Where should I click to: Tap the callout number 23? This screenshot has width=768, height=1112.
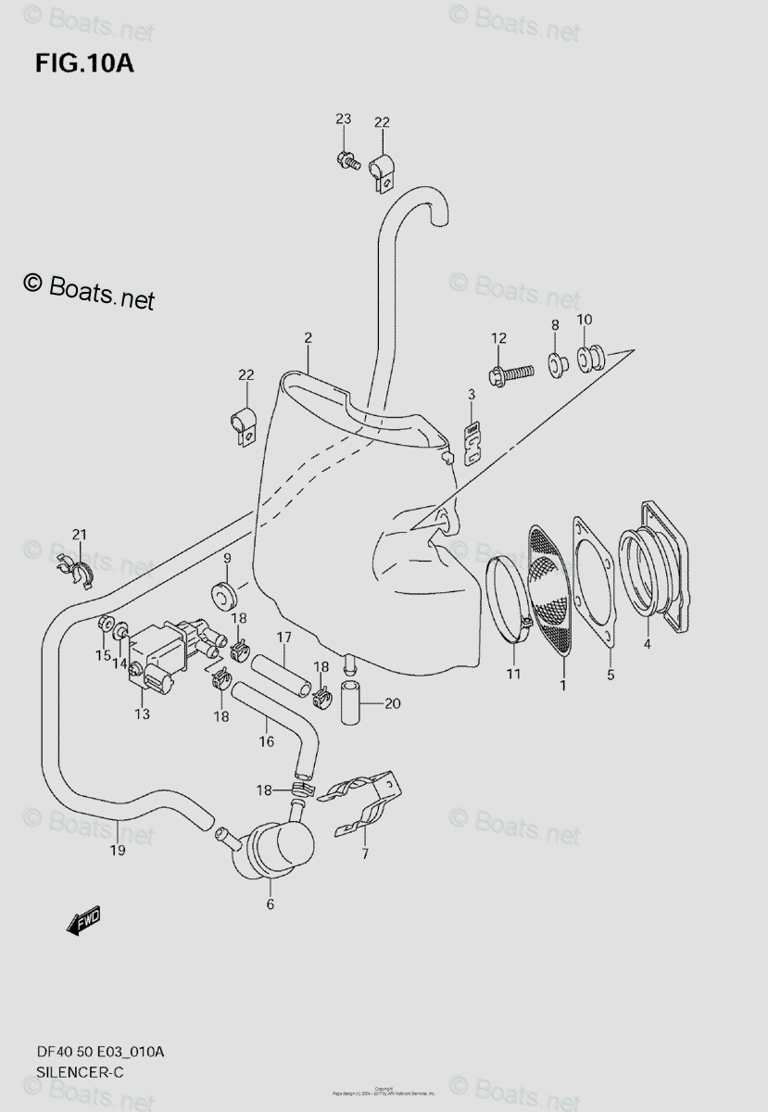click(344, 119)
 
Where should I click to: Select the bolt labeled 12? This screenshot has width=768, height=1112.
click(511, 373)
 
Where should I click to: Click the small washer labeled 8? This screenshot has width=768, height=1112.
click(556, 363)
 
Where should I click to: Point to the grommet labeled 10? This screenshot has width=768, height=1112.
click(590, 357)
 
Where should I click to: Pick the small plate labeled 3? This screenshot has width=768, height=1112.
click(472, 443)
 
